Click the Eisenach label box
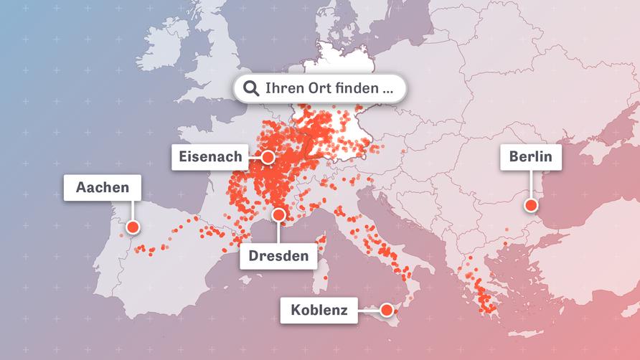pyautogui.click(x=209, y=157)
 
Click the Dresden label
pyautogui.click(x=278, y=256)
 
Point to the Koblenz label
pyautogui.click(x=319, y=311)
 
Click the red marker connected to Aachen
pyautogui.click(x=132, y=227)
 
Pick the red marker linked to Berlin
pyautogui.click(x=531, y=206)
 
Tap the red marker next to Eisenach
pyautogui.click(x=268, y=156)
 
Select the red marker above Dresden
pyautogui.click(x=279, y=214)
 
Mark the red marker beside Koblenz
pyautogui.click(x=387, y=310)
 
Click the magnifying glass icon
pyautogui.click(x=251, y=89)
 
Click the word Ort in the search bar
pyautogui.click(x=317, y=89)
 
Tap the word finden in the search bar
pyautogui.click(x=355, y=89)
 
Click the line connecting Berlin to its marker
pyautogui.click(x=531, y=185)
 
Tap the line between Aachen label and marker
pyautogui.click(x=132, y=211)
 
